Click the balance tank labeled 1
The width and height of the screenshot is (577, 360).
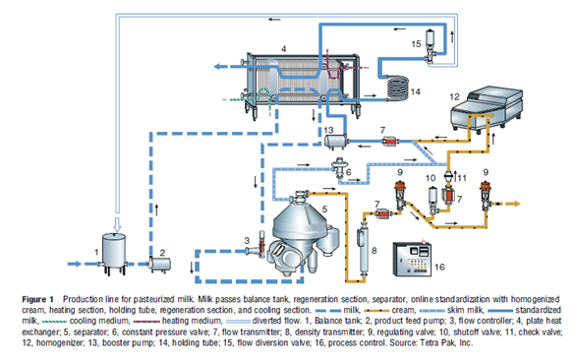tap(113, 253)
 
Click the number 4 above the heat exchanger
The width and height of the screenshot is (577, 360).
tap(283, 48)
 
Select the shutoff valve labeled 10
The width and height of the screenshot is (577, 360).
tap(433, 201)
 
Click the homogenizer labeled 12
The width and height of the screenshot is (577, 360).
tap(487, 108)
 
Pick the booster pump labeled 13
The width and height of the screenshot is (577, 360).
tap(335, 141)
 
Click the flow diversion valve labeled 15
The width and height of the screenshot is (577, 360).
tap(430, 47)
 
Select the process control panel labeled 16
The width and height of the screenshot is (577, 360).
tap(412, 259)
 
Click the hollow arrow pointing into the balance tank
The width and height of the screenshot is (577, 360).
tap(117, 224)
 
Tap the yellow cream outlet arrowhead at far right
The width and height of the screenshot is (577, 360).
tap(516, 204)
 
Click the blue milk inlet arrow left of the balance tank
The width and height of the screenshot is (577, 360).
tap(75, 264)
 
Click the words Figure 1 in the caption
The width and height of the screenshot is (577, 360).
tap(37, 299)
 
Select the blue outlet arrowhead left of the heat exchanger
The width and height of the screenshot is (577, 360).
tap(218, 67)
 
